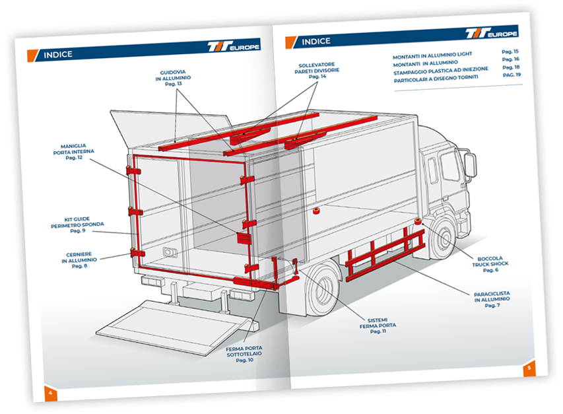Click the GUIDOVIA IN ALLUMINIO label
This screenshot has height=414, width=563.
coord(173,78)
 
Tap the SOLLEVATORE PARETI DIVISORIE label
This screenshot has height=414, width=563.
coord(317,71)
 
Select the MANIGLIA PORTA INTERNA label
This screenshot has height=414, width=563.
coord(74,151)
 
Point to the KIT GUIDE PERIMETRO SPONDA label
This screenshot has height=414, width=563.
coord(77,224)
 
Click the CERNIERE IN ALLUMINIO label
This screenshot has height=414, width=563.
coord(79,260)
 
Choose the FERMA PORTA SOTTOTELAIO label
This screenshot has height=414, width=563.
coord(244,354)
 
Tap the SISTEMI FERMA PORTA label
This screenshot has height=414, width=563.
coord(378,326)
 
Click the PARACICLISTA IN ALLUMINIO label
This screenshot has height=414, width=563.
coord(492,300)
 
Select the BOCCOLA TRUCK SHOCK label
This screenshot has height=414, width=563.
coord(490,264)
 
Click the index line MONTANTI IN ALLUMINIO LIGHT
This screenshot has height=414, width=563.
coord(432,55)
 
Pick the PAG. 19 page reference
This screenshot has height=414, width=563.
coord(512,75)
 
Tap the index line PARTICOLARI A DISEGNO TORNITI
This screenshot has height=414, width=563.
coord(436,79)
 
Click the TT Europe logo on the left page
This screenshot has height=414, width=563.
coord(234,46)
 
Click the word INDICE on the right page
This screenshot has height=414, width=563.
coord(316,42)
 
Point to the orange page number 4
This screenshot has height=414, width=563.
coord(50,393)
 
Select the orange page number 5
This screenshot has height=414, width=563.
coord(529,368)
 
